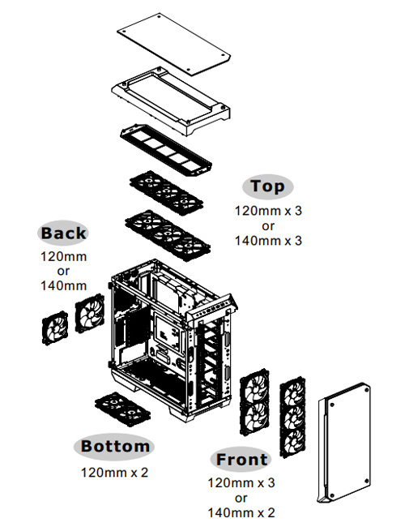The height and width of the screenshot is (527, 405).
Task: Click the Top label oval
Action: (x=267, y=186)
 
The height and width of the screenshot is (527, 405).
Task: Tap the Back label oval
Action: (x=63, y=233)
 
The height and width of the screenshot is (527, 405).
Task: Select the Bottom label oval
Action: (x=114, y=447)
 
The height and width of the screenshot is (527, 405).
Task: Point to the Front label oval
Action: (x=241, y=460)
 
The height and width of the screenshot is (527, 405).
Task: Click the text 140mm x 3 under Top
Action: (x=268, y=241)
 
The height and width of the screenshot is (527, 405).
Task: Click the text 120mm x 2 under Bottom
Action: (x=114, y=473)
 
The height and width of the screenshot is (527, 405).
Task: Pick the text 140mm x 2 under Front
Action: (x=241, y=512)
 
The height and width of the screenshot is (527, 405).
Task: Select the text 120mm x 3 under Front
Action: (x=241, y=483)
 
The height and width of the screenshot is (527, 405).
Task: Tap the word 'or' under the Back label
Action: (x=63, y=271)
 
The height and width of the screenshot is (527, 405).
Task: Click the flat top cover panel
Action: (x=174, y=45)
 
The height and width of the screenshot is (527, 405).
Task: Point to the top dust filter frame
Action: (x=165, y=152)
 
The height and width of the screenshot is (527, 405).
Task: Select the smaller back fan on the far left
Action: (x=55, y=328)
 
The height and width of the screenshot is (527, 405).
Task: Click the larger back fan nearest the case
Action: (x=89, y=313)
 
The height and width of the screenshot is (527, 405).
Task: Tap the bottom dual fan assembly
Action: (x=122, y=409)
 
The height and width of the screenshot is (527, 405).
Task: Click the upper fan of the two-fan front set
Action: (x=254, y=385)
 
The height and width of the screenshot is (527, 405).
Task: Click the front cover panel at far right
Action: (x=344, y=443)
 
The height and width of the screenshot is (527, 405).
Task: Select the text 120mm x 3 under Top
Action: (x=268, y=211)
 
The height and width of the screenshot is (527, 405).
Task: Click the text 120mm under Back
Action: (x=63, y=256)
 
